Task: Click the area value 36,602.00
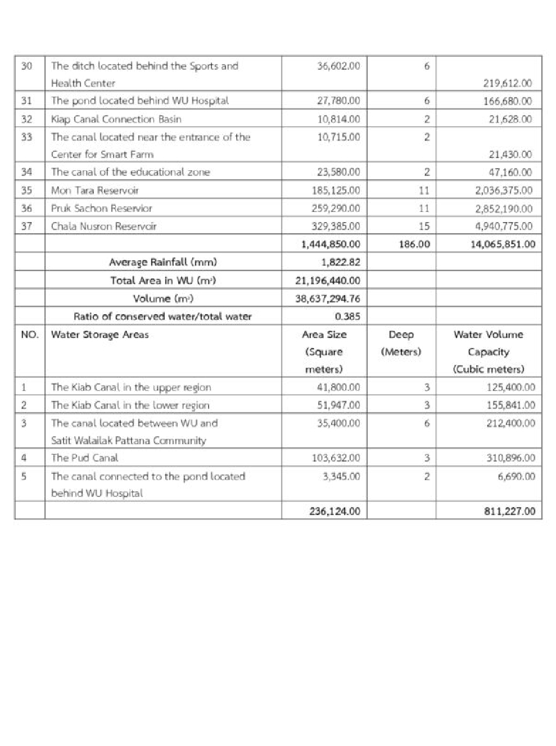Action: click(x=338, y=66)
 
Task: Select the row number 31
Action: click(x=26, y=101)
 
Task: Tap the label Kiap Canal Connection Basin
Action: click(x=116, y=119)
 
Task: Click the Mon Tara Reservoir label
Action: click(x=94, y=191)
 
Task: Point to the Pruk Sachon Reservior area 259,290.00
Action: click(x=336, y=209)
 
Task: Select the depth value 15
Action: click(x=424, y=226)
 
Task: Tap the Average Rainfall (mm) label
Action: click(x=162, y=262)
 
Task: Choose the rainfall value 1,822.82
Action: click(x=341, y=262)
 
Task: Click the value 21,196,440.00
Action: click(x=328, y=281)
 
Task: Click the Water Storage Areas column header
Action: click(x=100, y=335)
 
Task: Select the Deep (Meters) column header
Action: click(x=401, y=343)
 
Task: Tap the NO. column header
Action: click(x=29, y=335)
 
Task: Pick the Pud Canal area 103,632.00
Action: click(x=336, y=458)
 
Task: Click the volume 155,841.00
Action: click(x=510, y=405)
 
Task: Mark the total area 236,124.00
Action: click(x=334, y=512)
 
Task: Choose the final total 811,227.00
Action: click(x=509, y=512)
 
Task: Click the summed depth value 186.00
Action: click(x=414, y=244)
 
